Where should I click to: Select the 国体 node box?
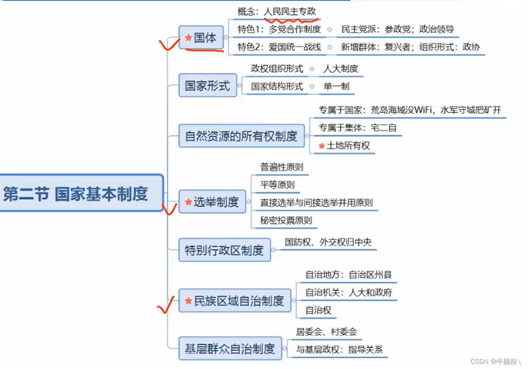[201, 38]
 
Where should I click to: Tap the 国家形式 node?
[207, 85]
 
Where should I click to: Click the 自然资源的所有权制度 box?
[241, 136]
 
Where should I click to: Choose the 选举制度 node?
[212, 202]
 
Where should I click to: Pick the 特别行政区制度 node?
[224, 250]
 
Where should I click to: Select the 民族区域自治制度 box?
[234, 301]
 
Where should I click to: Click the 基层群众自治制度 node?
[230, 348]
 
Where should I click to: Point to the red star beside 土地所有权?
[321, 146]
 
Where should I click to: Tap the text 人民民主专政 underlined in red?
[290, 12]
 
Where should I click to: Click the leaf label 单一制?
[336, 87]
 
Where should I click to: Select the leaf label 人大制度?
[340, 68]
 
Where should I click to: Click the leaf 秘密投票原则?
[286, 220]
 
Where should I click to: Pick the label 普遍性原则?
[281, 167]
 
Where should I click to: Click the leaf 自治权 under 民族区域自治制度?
[318, 310]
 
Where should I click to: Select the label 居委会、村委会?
[326, 332]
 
